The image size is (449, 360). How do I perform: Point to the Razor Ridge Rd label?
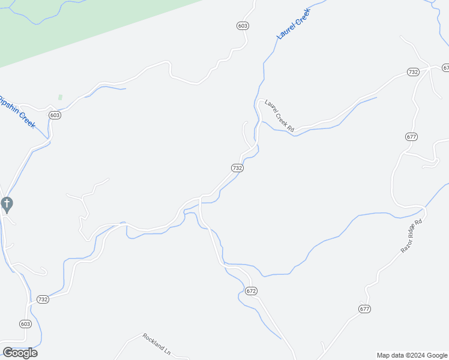(412, 235)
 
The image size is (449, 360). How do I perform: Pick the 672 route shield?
(252, 291)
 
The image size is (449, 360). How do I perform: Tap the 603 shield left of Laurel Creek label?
(243, 26)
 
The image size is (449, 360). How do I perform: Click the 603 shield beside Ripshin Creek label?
(55, 115)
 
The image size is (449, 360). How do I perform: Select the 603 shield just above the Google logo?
(25, 324)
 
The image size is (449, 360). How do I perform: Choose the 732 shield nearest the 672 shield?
(237, 168)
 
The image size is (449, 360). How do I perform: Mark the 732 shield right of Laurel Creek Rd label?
(412, 72)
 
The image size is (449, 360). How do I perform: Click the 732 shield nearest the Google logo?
(43, 299)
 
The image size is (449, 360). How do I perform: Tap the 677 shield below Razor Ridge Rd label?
(365, 309)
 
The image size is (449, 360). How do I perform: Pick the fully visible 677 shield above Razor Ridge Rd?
(411, 137)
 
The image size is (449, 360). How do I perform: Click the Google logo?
(20, 353)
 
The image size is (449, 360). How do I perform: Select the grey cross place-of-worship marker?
(7, 205)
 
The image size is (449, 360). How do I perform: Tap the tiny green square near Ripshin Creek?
(60, 97)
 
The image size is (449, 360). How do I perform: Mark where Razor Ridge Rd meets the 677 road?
(424, 209)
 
